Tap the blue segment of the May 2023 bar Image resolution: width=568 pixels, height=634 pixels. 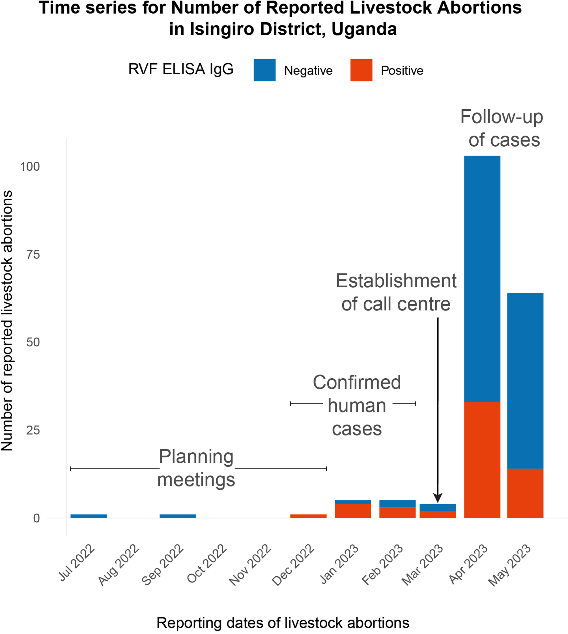(x=525, y=381)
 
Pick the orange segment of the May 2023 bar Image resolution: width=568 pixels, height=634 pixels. (x=525, y=493)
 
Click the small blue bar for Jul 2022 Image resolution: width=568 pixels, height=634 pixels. (x=89, y=516)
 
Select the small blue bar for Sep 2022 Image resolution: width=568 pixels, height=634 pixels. (x=178, y=516)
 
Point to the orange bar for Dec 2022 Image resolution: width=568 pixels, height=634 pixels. (x=308, y=516)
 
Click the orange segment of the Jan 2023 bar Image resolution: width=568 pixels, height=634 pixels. (x=353, y=511)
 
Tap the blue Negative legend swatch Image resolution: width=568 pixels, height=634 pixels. (x=264, y=70)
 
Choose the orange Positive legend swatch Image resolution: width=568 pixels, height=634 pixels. (x=361, y=70)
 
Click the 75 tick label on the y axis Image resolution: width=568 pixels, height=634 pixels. (x=33, y=255)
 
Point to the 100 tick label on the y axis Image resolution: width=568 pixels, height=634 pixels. (x=30, y=166)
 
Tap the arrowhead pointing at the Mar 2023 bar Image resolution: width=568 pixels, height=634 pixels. (x=438, y=498)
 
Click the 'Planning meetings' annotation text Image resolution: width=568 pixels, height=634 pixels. (x=196, y=468)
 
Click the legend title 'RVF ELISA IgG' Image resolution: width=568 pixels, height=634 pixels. (x=181, y=69)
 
